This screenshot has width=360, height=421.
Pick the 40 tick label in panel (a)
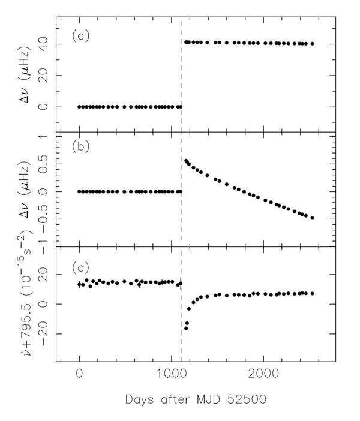43,44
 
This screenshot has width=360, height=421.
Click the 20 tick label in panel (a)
43,76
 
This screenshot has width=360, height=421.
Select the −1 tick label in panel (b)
41,246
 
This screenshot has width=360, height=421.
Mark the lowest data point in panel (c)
186,329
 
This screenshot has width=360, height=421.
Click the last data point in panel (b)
313,218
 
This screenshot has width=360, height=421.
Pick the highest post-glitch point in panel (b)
185,161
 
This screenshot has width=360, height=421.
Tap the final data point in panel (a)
313,44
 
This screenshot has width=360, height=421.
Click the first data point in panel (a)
79,107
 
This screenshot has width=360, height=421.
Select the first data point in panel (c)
79,284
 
